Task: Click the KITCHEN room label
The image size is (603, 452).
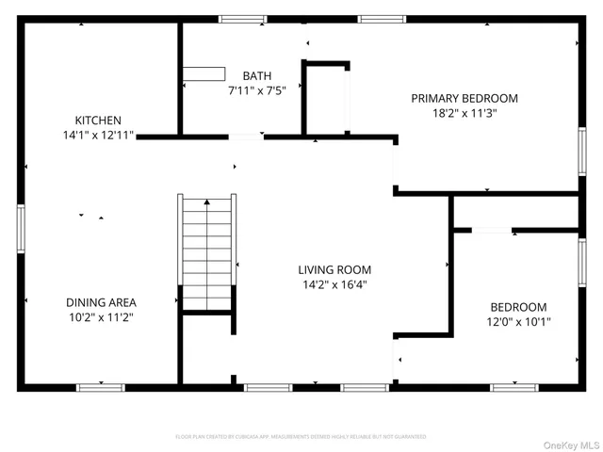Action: point(98,121)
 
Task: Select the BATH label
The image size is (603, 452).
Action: point(256,76)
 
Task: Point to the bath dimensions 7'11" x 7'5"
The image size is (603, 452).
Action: point(256,91)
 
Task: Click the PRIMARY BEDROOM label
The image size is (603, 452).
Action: point(464,98)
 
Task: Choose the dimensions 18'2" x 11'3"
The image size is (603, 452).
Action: point(464,113)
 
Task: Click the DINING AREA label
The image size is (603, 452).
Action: point(101,302)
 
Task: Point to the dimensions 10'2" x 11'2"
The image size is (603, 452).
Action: point(101,318)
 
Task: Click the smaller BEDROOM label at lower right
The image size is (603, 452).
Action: point(518,307)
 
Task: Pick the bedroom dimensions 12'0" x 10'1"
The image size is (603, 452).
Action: point(518,322)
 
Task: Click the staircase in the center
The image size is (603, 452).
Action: point(207,251)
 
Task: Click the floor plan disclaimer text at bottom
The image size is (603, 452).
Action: point(301,437)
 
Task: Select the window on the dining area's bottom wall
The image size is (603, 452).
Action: point(100,386)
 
